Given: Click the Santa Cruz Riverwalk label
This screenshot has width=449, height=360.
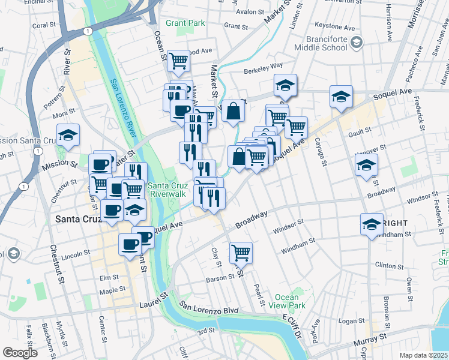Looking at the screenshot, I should coord(168,189).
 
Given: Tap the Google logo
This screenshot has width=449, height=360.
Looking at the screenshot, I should coord(20,353).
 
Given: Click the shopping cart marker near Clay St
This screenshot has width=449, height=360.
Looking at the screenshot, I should coord(241,253).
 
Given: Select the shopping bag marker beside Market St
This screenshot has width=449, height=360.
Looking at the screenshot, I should coord(234,111).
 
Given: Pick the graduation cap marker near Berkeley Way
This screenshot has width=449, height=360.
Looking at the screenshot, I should coord(286,85).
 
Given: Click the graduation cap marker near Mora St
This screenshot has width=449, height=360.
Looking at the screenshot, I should coord(68,135).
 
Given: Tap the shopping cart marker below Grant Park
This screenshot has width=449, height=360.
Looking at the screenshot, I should coord(178,61).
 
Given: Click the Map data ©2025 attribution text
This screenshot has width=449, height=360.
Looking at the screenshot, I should coord(423,355).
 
